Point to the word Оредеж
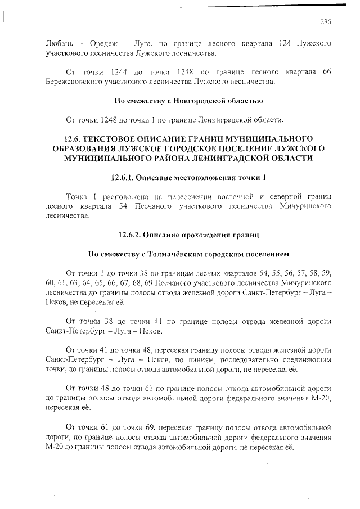click(106, 43)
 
